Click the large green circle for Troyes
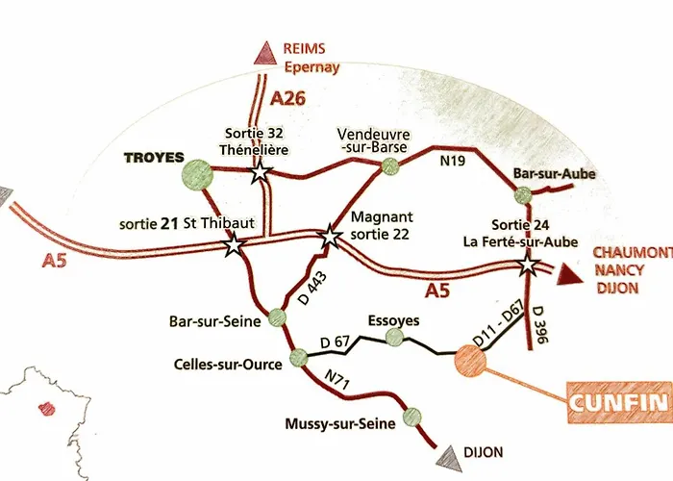tap(196, 172)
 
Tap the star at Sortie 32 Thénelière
tap(259, 172)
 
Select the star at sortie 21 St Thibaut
tap(234, 246)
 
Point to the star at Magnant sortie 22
tap(330, 235)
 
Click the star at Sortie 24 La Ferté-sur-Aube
tap(528, 265)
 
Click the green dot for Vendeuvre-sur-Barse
tap(389, 166)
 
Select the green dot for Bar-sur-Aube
tap(522, 196)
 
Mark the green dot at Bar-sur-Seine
tap(278, 315)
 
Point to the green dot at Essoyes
tap(394, 336)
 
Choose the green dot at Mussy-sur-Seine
tap(412, 417)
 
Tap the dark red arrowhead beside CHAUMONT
tap(569, 276)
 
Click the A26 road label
tap(288, 98)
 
